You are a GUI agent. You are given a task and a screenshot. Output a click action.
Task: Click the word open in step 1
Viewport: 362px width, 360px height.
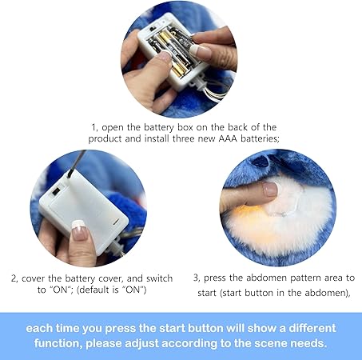(x=113, y=128)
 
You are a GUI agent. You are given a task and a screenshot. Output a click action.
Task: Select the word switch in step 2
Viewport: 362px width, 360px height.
(x=159, y=278)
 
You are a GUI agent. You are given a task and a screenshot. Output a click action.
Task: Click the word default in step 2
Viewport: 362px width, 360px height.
(x=95, y=290)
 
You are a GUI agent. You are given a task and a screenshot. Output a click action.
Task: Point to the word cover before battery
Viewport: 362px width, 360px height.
(x=34, y=278)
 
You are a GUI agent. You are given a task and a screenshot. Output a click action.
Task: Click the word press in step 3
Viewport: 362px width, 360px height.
(x=215, y=278)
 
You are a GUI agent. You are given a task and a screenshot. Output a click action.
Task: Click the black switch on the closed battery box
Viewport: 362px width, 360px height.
(x=56, y=191)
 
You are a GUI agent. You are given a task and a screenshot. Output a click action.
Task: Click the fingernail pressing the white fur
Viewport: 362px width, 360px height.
(x=270, y=190)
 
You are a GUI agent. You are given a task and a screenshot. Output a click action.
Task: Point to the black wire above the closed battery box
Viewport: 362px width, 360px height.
(x=77, y=164)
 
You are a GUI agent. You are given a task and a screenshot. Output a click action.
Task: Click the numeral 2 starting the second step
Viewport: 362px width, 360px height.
(x=14, y=279)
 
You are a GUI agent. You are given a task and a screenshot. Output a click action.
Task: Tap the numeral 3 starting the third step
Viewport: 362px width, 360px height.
(x=197, y=278)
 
